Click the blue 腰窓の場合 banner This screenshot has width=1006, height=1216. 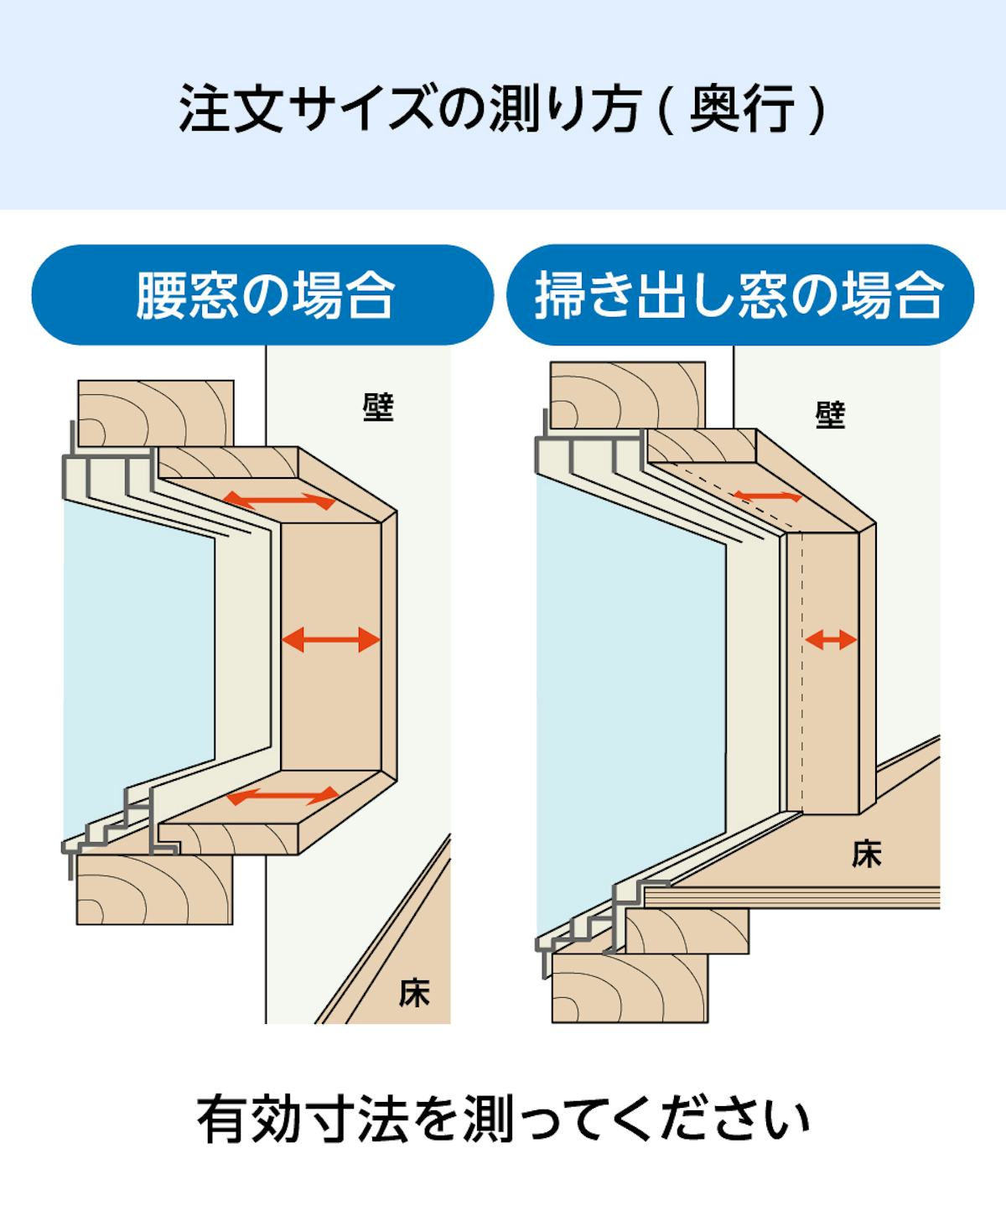(x=262, y=294)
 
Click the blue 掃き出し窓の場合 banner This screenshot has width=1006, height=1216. (x=740, y=294)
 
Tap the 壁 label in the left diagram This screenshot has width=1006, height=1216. (x=378, y=407)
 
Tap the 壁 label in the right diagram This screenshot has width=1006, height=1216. (x=830, y=414)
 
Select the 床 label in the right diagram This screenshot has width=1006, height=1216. (x=866, y=855)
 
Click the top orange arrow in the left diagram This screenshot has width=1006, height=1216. (x=279, y=500)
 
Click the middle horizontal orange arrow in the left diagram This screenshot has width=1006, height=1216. (x=330, y=639)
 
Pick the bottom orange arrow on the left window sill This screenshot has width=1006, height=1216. (x=283, y=796)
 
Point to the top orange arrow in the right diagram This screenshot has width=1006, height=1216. (x=767, y=496)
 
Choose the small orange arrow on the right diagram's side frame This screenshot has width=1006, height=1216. (x=831, y=639)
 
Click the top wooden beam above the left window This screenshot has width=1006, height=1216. (x=156, y=414)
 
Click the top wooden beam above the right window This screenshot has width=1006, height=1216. (x=628, y=396)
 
